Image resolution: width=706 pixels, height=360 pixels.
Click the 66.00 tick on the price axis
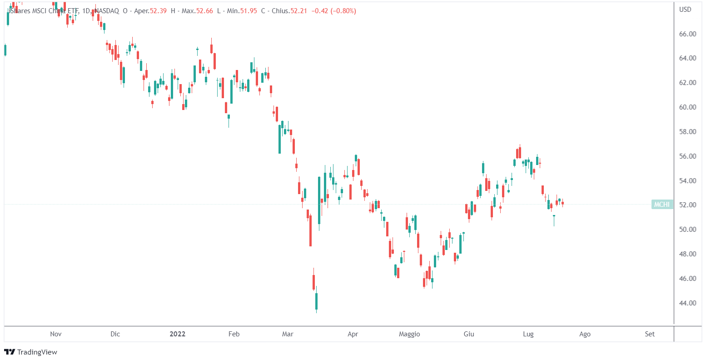pyautogui.click(x=687, y=34)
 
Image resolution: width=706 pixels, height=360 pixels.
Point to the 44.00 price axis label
pyautogui.click(x=687, y=303)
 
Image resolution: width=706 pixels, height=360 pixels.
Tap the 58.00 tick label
pyautogui.click(x=687, y=132)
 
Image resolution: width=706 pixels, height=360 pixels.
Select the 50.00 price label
pyautogui.click(x=687, y=230)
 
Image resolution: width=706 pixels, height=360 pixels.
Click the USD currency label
pyautogui.click(x=685, y=9)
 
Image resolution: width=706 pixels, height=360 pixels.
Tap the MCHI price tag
pyautogui.click(x=661, y=205)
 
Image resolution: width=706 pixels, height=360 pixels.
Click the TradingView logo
pyautogui.click(x=30, y=352)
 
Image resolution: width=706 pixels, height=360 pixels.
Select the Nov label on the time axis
pyautogui.click(x=55, y=334)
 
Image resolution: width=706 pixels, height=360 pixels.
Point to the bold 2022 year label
pyautogui.click(x=177, y=334)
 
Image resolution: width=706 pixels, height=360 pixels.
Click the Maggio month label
pyautogui.click(x=409, y=334)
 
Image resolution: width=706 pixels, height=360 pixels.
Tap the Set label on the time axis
pyautogui.click(x=650, y=334)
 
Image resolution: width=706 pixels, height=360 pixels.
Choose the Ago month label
pyautogui.click(x=585, y=334)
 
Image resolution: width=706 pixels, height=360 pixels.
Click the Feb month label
pyautogui.click(x=234, y=334)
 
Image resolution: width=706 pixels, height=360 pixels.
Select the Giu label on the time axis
pyautogui.click(x=468, y=334)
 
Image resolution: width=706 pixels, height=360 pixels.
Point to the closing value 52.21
pyautogui.click(x=299, y=11)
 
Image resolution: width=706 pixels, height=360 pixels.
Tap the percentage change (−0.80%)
pyautogui.click(x=342, y=11)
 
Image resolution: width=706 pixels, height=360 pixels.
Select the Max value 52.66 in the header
pyautogui.click(x=204, y=11)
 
